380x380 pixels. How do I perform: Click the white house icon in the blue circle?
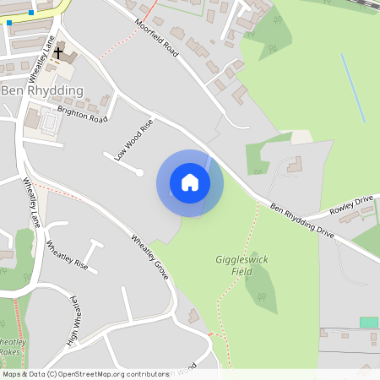point(190,182)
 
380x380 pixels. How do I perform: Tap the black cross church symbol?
point(58,53)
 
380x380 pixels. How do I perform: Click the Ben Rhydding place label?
point(42,90)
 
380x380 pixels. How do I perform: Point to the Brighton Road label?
point(83,114)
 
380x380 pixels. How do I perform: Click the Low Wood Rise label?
point(133,138)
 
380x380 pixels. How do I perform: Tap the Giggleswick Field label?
point(242,266)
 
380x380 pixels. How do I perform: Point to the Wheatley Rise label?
point(68,254)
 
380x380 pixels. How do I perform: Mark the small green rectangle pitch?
point(368,322)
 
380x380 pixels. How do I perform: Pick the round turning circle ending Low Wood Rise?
point(138,173)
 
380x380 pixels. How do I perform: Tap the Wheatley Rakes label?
point(11,347)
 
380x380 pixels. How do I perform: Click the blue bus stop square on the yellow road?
point(31,13)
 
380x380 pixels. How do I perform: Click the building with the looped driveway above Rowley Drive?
point(294,166)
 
